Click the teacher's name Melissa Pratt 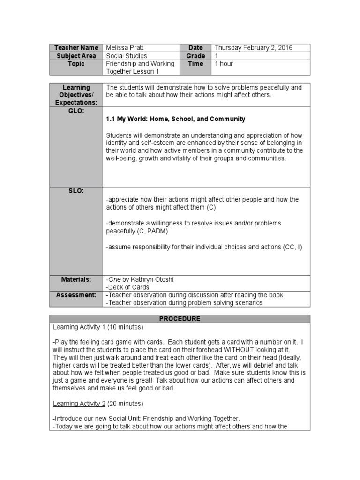coord(125,48)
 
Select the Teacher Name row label coord(76,48)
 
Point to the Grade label coord(195,56)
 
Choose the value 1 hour coord(224,64)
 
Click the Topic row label coord(76,64)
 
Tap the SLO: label coord(76,191)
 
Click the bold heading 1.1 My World coord(175,119)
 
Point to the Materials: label coord(76,279)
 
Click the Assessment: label coord(76,295)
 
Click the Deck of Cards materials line coord(127,287)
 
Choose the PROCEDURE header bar coord(180,319)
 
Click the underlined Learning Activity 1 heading coord(80,327)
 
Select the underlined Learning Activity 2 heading coord(80,403)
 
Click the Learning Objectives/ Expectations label coord(76,95)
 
